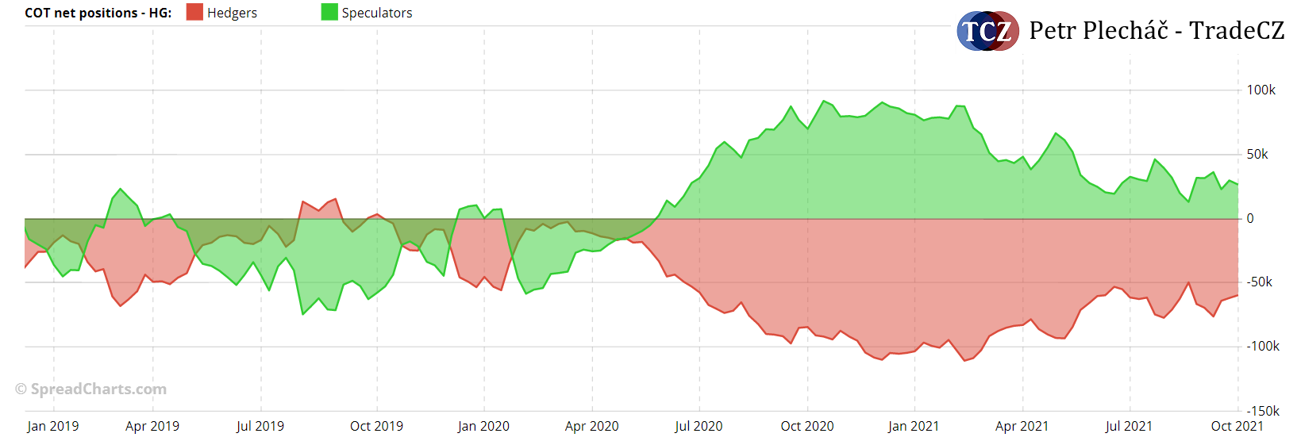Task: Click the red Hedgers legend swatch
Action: pyautogui.click(x=194, y=12)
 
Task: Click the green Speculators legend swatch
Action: pyautogui.click(x=329, y=12)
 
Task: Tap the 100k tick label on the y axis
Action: pyautogui.click(x=1261, y=90)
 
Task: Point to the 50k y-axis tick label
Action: pyautogui.click(x=1257, y=154)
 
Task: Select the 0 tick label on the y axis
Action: pyautogui.click(x=1250, y=218)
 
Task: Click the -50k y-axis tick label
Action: pyautogui.click(x=1259, y=282)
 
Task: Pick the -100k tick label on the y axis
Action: pyautogui.click(x=1262, y=346)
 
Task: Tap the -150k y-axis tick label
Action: pyautogui.click(x=1262, y=411)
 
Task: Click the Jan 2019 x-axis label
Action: pyautogui.click(x=52, y=426)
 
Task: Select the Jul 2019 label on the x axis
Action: pyautogui.click(x=260, y=426)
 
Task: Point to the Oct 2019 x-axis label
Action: pyautogui.click(x=376, y=426)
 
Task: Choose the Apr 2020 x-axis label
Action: pyautogui.click(x=591, y=426)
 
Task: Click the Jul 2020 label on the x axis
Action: pyautogui.click(x=699, y=426)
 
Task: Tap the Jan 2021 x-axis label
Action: pyautogui.click(x=914, y=426)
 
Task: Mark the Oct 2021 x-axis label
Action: pyautogui.click(x=1237, y=426)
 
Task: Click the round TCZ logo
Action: pyautogui.click(x=987, y=31)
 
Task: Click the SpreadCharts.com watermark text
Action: pyautogui.click(x=91, y=389)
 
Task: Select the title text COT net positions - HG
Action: pyautogui.click(x=98, y=13)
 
